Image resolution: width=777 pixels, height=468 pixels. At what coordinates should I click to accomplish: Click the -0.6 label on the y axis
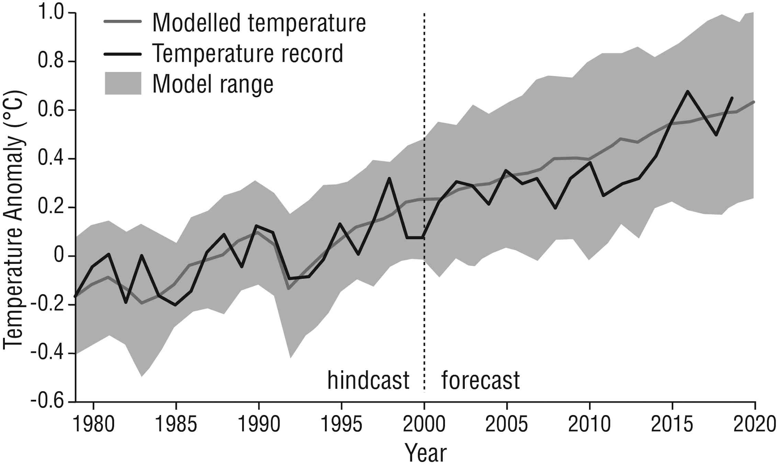coord(47,401)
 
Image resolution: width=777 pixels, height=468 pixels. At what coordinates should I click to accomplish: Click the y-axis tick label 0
coord(59,256)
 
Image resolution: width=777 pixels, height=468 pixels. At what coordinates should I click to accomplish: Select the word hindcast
coord(368,380)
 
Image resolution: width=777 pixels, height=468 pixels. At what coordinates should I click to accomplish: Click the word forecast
coord(480,380)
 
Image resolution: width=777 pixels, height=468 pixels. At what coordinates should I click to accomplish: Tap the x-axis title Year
coord(425,453)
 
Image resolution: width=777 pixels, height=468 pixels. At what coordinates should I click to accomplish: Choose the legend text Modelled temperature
coord(259,23)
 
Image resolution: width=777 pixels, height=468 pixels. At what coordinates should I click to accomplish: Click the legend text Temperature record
coord(248,54)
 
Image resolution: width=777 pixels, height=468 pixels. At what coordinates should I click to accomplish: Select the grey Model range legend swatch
coord(123,83)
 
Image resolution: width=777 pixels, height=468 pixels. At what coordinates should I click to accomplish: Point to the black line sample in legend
coord(123,54)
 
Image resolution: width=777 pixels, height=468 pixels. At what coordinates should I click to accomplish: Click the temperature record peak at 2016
coord(688,91)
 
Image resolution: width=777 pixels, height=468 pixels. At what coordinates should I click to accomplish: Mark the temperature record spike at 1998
coord(389,178)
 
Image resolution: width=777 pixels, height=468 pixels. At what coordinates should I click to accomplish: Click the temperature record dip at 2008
coord(555,208)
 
